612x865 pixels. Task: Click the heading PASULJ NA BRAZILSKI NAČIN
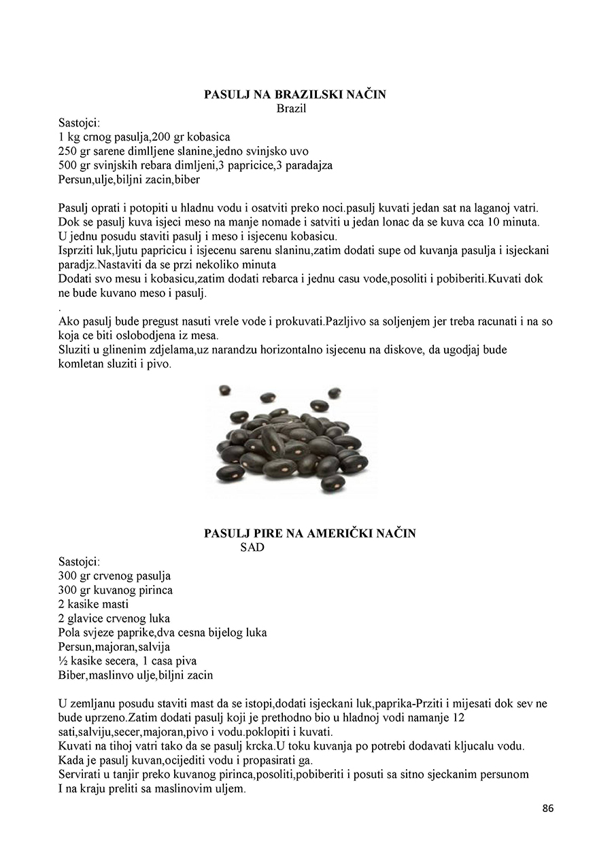click(294, 94)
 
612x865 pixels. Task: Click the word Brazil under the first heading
click(291, 108)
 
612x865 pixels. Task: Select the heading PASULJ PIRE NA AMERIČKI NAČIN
click(309, 533)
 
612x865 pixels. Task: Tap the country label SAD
click(252, 547)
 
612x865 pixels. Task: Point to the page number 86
click(548, 808)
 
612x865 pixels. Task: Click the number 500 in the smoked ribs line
click(68, 165)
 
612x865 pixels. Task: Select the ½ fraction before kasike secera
click(63, 660)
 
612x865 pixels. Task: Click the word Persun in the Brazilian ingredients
click(74, 179)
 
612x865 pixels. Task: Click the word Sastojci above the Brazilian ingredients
click(79, 122)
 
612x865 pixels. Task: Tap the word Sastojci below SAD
click(79, 561)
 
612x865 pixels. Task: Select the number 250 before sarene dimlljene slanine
click(68, 151)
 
